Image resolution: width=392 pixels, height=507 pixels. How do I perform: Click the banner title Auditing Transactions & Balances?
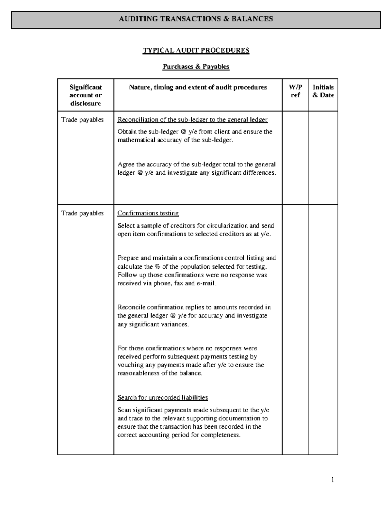[x=196, y=19]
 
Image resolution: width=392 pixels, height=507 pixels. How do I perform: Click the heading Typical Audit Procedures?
[x=196, y=50]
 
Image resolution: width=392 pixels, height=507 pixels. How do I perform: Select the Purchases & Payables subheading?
[x=196, y=67]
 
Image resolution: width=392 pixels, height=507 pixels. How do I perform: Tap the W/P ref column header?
[x=295, y=91]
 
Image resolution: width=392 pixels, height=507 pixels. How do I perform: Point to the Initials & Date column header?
[x=323, y=91]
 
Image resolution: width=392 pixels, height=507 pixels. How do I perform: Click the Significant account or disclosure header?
[x=86, y=95]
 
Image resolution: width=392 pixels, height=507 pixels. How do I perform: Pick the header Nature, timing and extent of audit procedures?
[x=198, y=87]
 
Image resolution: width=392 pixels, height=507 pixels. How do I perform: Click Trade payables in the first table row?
[x=82, y=120]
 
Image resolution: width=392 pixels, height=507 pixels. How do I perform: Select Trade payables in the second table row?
[x=82, y=213]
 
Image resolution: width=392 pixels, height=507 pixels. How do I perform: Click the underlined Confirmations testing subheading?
[x=148, y=213]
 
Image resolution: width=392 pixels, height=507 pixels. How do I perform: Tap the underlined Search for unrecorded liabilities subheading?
[x=162, y=397]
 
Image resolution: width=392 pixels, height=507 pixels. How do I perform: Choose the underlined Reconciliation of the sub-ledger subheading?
[x=192, y=120]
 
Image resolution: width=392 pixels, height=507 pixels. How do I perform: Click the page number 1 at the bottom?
[x=333, y=480]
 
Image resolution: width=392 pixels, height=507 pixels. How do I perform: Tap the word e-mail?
[x=206, y=283]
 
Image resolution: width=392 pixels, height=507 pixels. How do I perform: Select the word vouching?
[x=131, y=365]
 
